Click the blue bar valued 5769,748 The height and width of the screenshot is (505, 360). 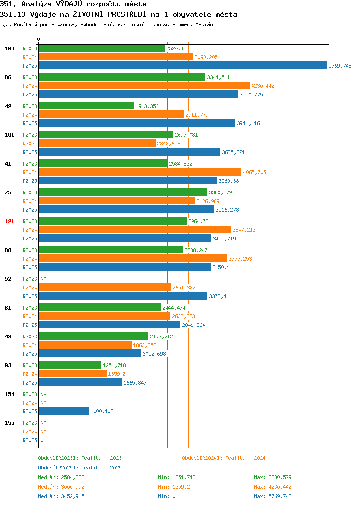pos(183,65)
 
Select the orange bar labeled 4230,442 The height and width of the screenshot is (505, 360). pos(144,85)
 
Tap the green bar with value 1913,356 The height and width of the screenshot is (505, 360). pos(86,106)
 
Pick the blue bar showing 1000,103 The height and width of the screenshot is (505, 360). pos(64,411)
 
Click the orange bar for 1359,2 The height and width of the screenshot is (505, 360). pos(73,373)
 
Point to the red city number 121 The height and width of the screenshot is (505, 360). pos(9,221)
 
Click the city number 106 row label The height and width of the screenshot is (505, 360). pos(9,48)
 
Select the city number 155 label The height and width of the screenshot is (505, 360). pos(9,423)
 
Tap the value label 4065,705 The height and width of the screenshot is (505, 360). pos(254,172)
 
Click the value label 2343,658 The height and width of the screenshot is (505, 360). pos(168,144)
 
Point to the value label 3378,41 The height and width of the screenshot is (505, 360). pos(219,296)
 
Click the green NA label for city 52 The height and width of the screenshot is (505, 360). pos(44,279)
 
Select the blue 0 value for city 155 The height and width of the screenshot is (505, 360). pos(42,440)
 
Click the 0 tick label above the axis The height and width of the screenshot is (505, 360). pos(39,39)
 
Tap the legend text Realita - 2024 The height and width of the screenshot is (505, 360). pos(245,458)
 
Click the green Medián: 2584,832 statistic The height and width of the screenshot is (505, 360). pos(61,477)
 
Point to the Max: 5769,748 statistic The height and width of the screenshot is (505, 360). pos(273,497)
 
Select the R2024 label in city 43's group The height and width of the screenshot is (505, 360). pos(30,345)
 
